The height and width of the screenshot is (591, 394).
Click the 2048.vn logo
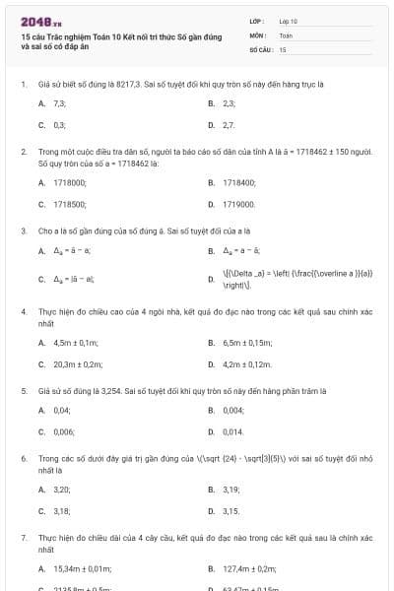tap(34, 21)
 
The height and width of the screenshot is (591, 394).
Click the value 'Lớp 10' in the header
tap(288, 20)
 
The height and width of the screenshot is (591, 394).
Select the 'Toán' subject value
tap(286, 33)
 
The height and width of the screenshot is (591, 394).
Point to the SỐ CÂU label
tap(260, 48)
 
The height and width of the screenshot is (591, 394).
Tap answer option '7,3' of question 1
tap(60, 103)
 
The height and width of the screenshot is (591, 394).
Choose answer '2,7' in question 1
tap(229, 126)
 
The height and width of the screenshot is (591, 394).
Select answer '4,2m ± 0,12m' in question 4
tap(247, 364)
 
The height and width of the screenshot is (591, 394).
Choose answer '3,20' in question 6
tap(61, 489)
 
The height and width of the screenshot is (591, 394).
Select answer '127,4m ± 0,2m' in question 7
tap(250, 568)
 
